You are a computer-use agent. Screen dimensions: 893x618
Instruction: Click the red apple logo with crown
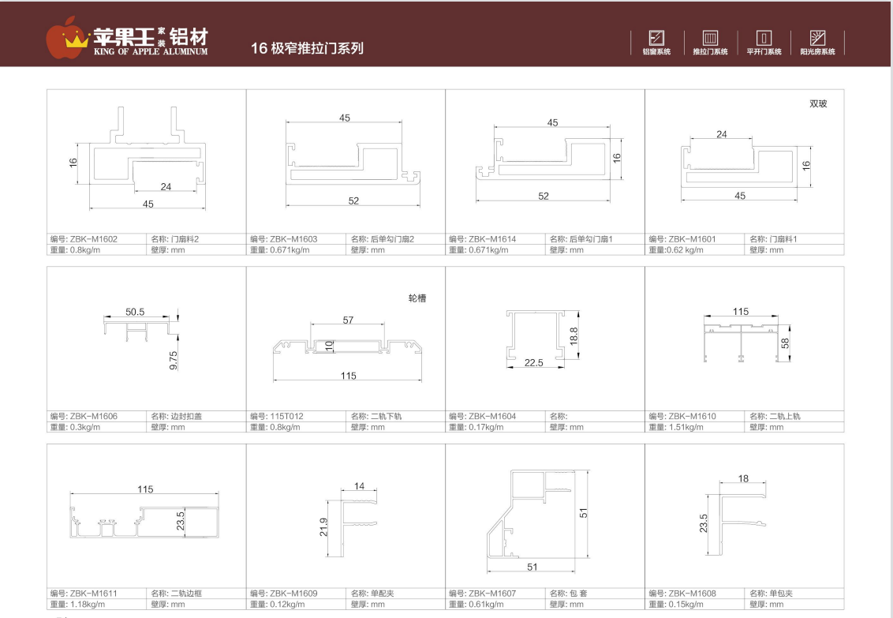(x=67, y=38)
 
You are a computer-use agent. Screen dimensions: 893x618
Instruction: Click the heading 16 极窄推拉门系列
(x=307, y=48)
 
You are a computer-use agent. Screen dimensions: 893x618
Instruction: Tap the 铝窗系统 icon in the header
(x=656, y=38)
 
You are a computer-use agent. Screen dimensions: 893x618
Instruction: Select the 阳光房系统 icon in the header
(x=817, y=38)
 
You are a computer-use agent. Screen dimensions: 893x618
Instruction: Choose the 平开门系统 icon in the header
(x=764, y=38)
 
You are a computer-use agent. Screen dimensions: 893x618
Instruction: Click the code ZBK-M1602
(x=93, y=239)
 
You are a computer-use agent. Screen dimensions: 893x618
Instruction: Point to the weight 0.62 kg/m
(x=685, y=250)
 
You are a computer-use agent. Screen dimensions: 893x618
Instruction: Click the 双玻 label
(x=818, y=103)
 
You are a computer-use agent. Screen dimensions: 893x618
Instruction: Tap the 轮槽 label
(x=417, y=298)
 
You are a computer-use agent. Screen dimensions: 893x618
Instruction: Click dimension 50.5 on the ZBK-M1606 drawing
(x=135, y=312)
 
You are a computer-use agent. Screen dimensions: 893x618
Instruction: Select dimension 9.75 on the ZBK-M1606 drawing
(x=174, y=361)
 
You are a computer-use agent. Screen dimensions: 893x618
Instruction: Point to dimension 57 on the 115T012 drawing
(x=348, y=320)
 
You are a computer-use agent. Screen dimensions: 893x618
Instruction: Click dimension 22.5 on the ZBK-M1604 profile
(x=533, y=363)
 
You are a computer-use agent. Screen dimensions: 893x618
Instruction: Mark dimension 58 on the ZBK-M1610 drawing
(x=786, y=343)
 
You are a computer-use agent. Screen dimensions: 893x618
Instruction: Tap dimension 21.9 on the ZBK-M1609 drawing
(x=323, y=527)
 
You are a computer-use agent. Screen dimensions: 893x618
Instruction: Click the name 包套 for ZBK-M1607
(x=578, y=594)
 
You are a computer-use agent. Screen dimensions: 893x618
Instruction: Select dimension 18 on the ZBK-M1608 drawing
(x=743, y=478)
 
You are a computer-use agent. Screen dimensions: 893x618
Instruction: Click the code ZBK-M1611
(x=93, y=594)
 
